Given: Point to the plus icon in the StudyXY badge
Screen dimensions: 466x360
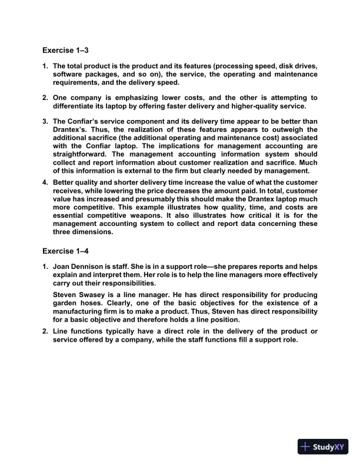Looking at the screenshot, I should (305, 447).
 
